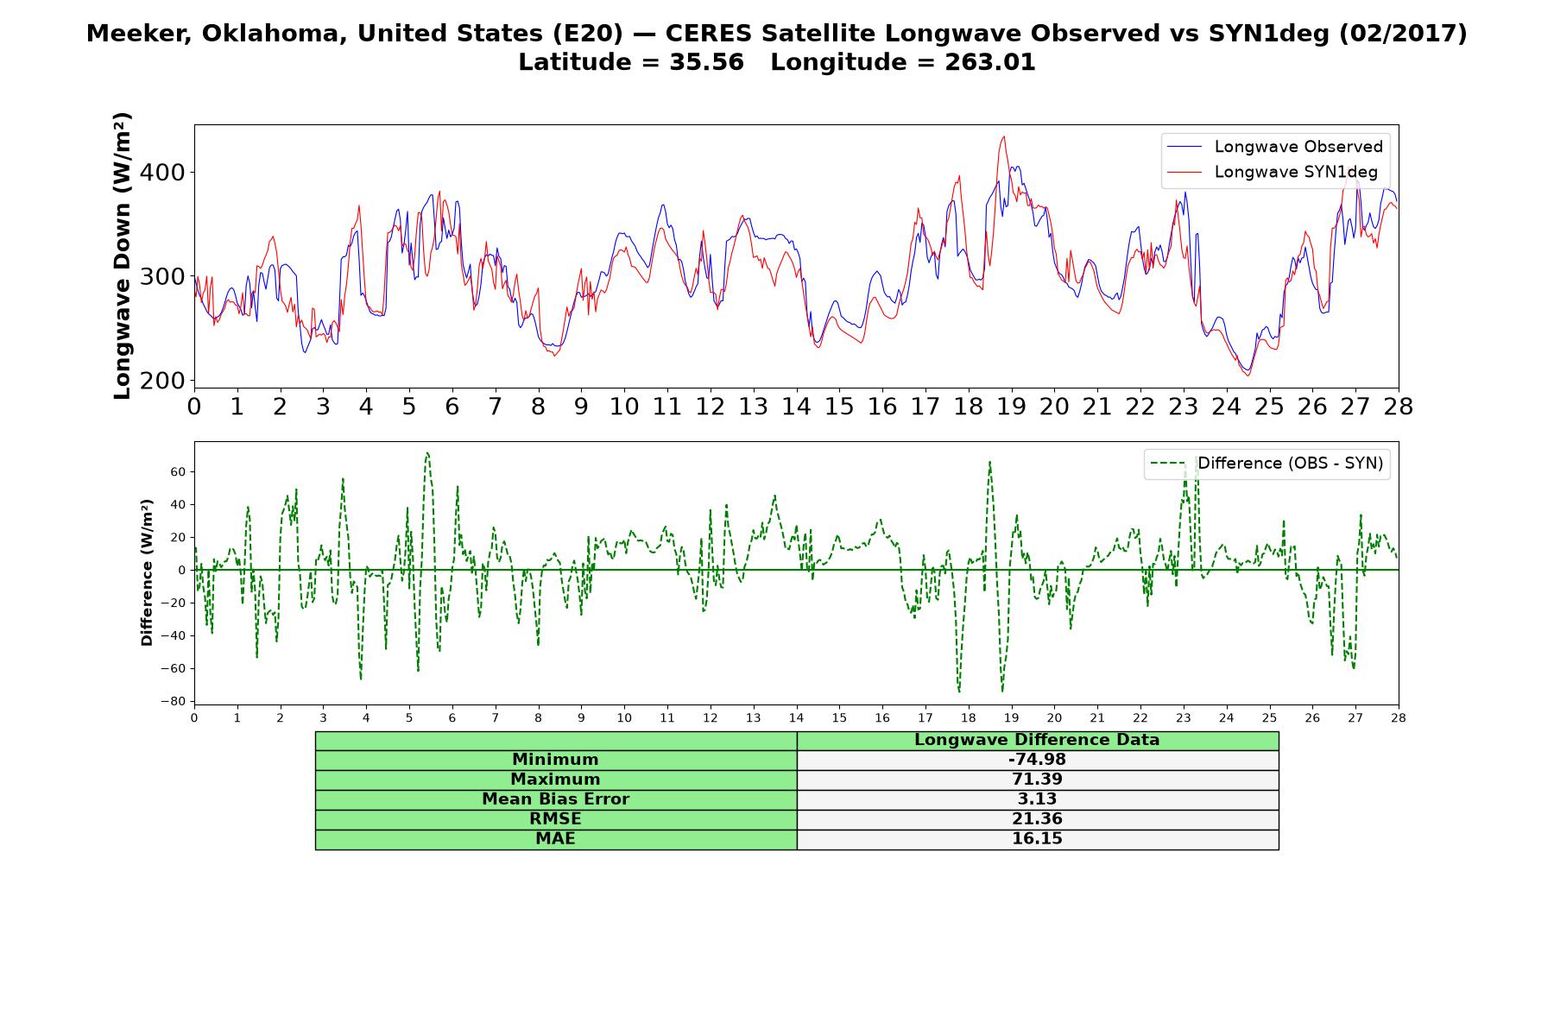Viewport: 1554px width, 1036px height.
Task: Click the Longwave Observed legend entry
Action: click(1274, 147)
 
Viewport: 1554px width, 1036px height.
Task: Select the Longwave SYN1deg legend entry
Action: click(1273, 172)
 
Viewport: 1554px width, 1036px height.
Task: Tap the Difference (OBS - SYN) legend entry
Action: click(1267, 464)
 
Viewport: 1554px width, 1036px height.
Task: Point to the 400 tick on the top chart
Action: click(163, 173)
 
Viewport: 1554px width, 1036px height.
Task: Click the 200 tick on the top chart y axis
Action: click(163, 381)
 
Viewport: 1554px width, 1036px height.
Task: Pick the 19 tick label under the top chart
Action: click(1011, 407)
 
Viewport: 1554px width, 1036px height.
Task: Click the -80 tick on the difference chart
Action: click(173, 701)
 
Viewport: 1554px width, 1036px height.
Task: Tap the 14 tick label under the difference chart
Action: click(796, 717)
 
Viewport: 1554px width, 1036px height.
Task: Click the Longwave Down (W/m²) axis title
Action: click(122, 256)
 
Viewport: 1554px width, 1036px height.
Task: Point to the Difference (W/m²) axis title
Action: click(147, 572)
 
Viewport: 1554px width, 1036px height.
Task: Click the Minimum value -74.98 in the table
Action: click(1037, 760)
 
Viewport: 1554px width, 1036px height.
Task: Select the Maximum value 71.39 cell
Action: click(1037, 780)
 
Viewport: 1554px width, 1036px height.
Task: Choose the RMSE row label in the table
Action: click(555, 819)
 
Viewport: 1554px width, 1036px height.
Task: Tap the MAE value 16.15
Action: click(1037, 839)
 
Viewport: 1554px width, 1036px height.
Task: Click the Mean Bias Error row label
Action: click(555, 799)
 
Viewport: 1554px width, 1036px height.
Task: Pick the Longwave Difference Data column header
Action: click(1037, 740)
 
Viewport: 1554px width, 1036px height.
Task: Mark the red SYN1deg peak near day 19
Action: click(1003, 136)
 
